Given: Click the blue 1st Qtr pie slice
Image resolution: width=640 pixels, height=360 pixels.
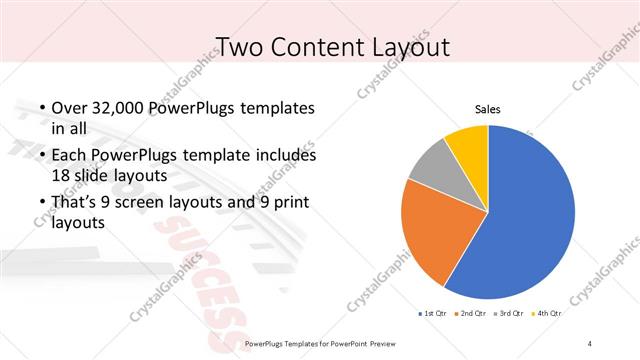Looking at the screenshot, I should click(525, 215).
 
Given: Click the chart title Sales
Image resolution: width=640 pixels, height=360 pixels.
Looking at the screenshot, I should click(487, 110).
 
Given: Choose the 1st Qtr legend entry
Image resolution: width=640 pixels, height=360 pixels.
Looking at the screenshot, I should click(434, 314).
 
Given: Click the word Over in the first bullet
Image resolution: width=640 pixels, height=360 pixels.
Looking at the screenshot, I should click(67, 107).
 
